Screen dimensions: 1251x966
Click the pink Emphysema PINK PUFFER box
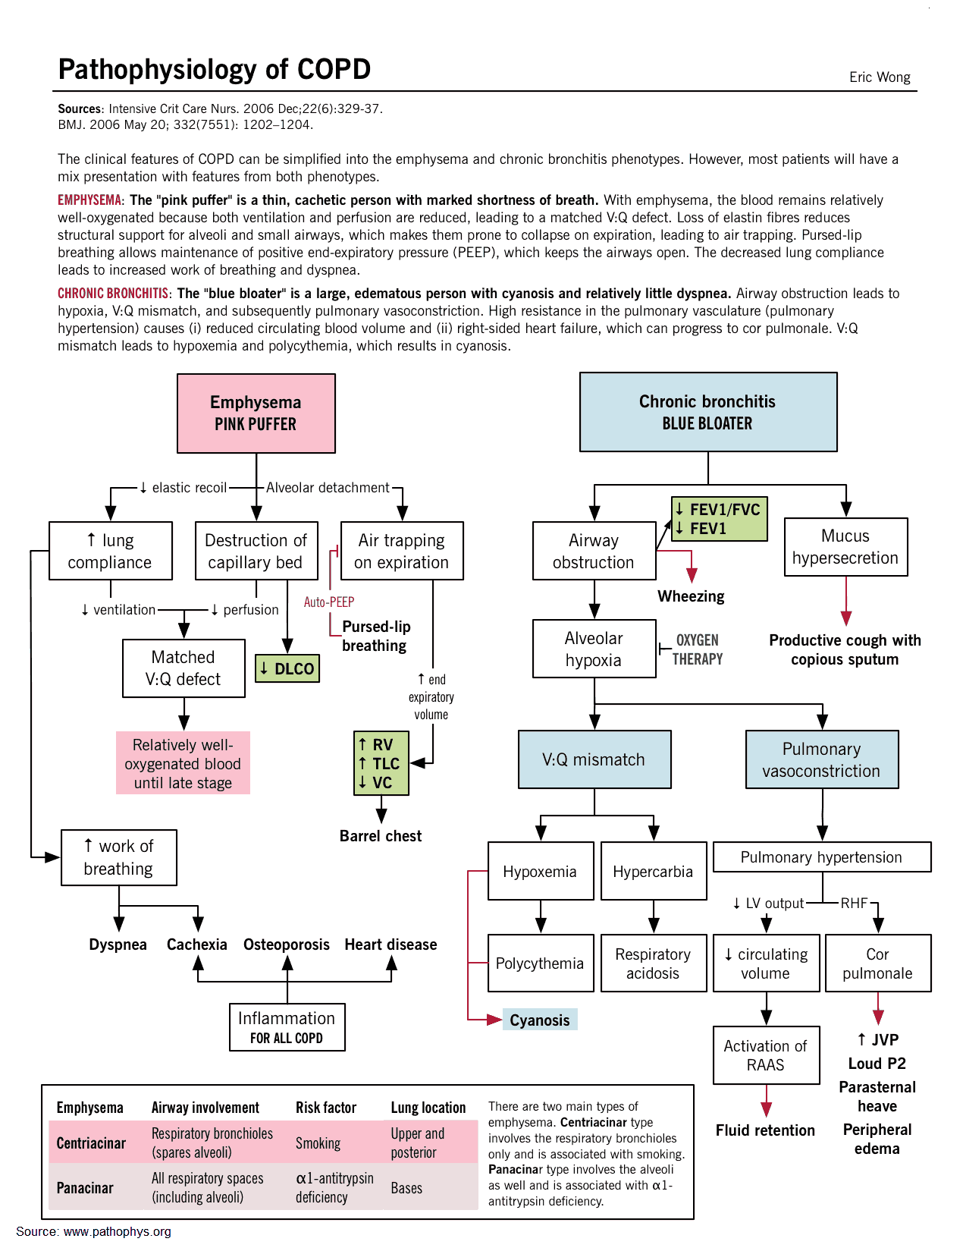256,413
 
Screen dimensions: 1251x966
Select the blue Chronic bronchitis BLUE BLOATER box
708,412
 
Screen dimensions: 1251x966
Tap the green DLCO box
287,668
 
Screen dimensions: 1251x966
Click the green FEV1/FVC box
719,519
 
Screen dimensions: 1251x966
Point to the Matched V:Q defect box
183,668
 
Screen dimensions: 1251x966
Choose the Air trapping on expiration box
402,551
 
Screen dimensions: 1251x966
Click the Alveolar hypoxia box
594,649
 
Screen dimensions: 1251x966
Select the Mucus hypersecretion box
845,547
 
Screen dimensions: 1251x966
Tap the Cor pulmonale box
877,963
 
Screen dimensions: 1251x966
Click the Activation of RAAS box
766,1055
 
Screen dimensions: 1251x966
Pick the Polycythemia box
540,963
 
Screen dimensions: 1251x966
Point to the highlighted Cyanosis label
540,1020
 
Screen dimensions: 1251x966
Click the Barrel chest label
381,836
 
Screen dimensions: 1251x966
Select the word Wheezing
691,596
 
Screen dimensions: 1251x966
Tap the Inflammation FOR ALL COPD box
287,1027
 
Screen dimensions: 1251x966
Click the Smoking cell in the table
318,1143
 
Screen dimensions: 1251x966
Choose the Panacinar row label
85,1187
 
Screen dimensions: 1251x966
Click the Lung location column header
428,1108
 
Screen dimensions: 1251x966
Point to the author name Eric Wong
880,77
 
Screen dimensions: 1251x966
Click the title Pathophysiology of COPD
215,69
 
